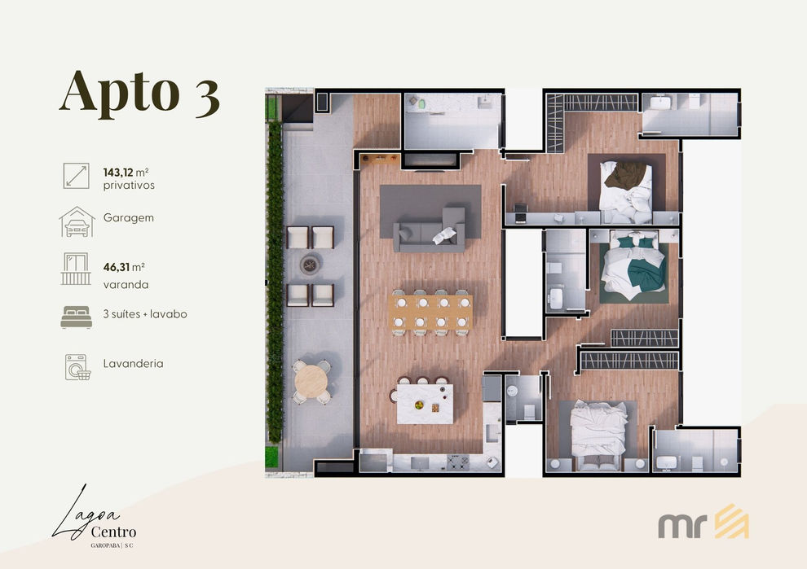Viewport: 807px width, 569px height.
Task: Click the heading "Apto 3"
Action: pyautogui.click(x=139, y=93)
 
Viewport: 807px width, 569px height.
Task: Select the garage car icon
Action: pyautogui.click(x=77, y=221)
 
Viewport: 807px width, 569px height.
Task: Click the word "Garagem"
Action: pyautogui.click(x=129, y=218)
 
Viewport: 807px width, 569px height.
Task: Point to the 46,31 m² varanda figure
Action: pyautogui.click(x=124, y=267)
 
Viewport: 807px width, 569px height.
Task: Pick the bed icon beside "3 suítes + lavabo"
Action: pyautogui.click(x=76, y=317)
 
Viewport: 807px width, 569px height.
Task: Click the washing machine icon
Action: pyautogui.click(x=77, y=367)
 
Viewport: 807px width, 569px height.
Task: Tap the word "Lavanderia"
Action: pyautogui.click(x=134, y=363)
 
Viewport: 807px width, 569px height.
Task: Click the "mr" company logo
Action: pyautogui.click(x=703, y=523)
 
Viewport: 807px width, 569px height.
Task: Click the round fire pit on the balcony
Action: pyautogui.click(x=310, y=265)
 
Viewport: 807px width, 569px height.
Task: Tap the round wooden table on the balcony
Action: pyautogui.click(x=311, y=381)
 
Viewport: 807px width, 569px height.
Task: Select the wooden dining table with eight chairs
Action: pyautogui.click(x=430, y=312)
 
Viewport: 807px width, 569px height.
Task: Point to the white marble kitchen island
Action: pyautogui.click(x=425, y=404)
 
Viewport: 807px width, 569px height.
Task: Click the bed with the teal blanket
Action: pyautogui.click(x=633, y=265)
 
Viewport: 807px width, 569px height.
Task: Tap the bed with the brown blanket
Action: pyautogui.click(x=626, y=186)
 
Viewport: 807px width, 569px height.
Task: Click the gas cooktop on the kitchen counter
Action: pyautogui.click(x=457, y=462)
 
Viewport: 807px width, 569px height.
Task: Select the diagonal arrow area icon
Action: pyautogui.click(x=76, y=176)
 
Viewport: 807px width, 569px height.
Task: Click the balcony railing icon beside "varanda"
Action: pyautogui.click(x=76, y=269)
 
